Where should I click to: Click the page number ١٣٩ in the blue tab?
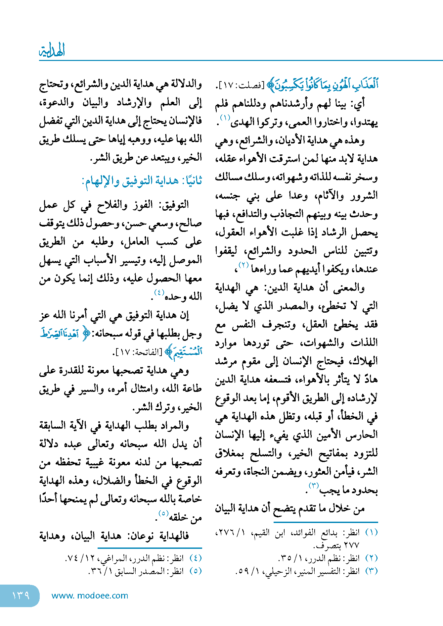(x=21, y=595)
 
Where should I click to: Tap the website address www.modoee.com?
(x=90, y=596)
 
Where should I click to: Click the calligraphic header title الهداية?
(x=52, y=51)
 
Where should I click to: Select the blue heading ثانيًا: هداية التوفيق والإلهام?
(x=142, y=181)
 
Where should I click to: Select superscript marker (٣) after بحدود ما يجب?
(x=313, y=486)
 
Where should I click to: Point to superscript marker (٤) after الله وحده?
(x=159, y=292)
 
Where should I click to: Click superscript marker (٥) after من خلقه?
(x=163, y=514)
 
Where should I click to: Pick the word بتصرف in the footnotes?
(x=326, y=545)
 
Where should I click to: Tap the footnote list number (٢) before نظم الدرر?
(x=371, y=558)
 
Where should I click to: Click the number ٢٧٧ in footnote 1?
(x=351, y=545)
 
